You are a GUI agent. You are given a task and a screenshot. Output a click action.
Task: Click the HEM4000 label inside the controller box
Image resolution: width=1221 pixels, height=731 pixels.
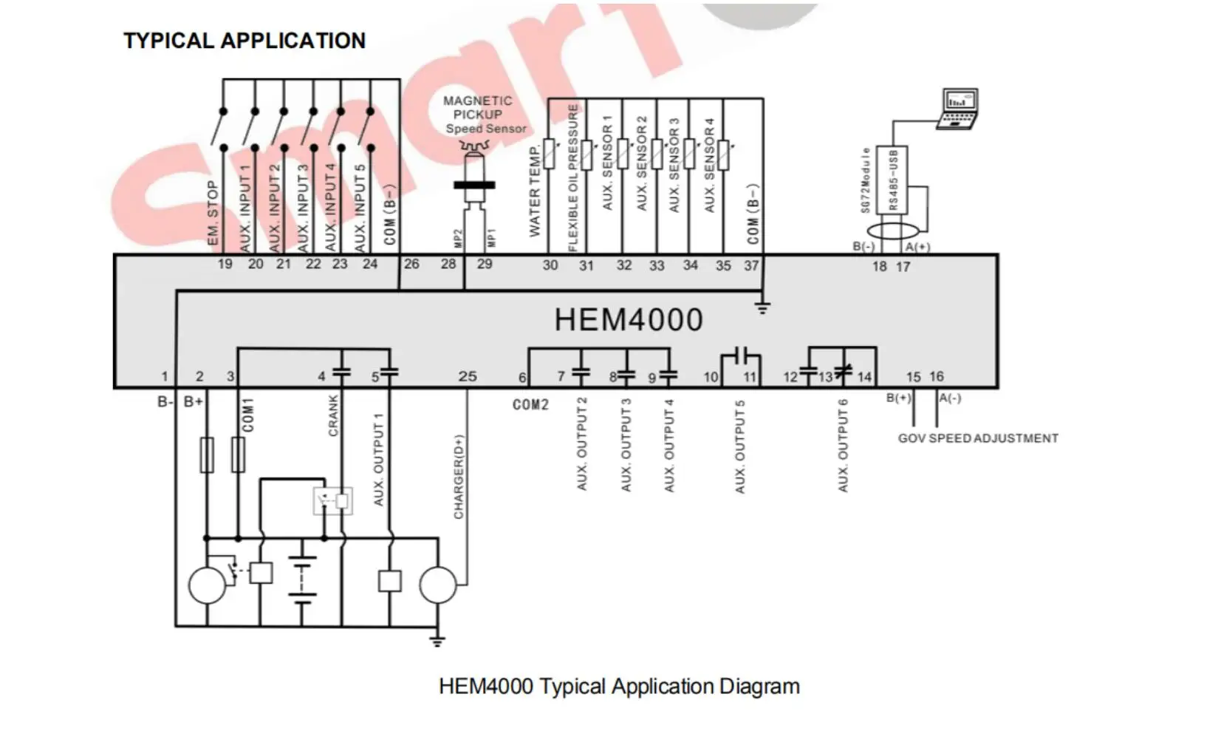coord(629,320)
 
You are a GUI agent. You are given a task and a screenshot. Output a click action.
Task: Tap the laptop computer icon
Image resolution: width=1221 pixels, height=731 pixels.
coord(960,109)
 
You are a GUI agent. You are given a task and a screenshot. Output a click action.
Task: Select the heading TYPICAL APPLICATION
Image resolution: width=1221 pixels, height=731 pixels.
coord(244,41)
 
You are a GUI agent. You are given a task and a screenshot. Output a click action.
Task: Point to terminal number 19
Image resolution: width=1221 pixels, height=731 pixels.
coord(225,264)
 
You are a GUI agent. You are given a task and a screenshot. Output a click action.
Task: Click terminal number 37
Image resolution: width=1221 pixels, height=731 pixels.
coord(751,265)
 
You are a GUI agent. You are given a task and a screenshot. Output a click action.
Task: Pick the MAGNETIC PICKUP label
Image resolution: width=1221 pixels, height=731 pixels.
coord(478,108)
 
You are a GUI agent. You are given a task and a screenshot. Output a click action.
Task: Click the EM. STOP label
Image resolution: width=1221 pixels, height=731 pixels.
coord(213,213)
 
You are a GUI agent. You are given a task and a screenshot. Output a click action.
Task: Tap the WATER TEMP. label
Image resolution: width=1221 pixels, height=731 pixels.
coord(535,191)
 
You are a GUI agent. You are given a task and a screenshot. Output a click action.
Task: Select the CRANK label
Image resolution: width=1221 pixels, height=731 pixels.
coord(333,415)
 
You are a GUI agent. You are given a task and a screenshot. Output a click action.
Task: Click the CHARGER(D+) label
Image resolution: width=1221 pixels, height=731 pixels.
coord(459,477)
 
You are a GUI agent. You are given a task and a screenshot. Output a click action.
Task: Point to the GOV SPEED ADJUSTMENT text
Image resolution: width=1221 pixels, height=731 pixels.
coord(978,438)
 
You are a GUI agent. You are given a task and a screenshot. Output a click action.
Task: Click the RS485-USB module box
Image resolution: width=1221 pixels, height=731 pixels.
coord(892,180)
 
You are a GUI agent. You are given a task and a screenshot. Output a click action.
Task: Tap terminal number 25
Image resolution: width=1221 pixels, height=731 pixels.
coord(468,376)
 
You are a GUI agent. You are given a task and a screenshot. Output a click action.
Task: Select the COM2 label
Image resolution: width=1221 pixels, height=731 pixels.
coord(531,404)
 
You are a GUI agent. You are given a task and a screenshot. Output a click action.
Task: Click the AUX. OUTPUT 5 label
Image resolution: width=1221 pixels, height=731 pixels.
coord(740,447)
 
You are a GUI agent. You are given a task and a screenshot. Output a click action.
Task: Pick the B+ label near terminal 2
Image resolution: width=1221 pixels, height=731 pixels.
coord(194,401)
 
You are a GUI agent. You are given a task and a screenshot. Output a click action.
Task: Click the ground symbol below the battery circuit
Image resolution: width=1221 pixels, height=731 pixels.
coord(437,640)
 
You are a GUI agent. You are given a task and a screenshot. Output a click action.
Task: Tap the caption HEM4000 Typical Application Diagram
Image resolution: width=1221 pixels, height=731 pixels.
coord(619,687)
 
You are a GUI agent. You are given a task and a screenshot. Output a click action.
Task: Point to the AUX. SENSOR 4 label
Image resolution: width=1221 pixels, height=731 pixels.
coord(710,166)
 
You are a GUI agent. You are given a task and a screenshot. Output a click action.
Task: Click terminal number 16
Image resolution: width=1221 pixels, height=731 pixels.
coord(937,376)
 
